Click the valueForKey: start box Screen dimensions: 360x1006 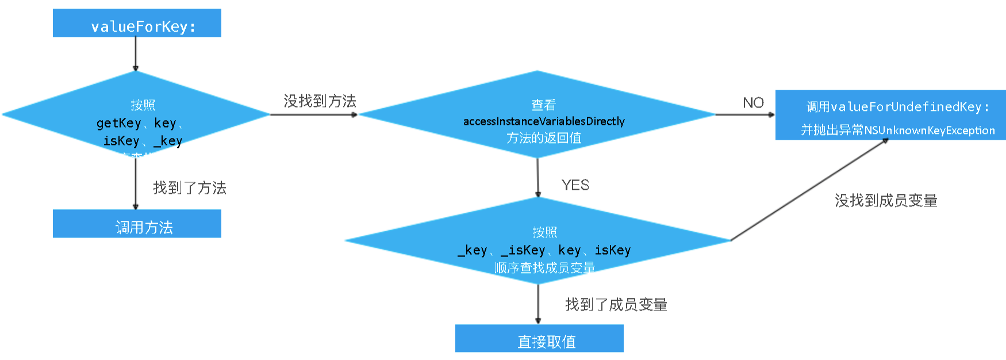pos(137,23)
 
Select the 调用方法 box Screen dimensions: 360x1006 pos(137,224)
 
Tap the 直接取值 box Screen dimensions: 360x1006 pos(539,338)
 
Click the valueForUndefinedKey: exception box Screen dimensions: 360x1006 pos(890,114)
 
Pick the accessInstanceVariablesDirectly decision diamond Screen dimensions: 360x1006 pos(537,114)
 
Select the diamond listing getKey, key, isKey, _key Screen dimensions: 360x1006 pos(136,114)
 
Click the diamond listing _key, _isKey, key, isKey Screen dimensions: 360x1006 pos(537,241)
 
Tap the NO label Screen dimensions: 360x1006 pos(753,103)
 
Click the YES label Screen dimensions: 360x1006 pos(575,185)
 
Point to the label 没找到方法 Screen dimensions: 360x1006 pos(320,101)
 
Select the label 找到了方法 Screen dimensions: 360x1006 pos(190,188)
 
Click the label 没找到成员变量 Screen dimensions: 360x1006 pos(886,201)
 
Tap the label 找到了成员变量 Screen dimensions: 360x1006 pos(616,305)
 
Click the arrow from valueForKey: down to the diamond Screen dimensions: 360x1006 pos(136,54)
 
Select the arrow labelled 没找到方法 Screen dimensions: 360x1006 pos(313,114)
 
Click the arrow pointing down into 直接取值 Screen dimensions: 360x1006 pos(538,304)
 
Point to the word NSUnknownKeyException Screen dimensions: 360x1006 pos(929,131)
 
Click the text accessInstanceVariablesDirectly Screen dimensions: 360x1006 pos(544,121)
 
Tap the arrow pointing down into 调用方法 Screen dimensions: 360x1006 pos(136,183)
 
